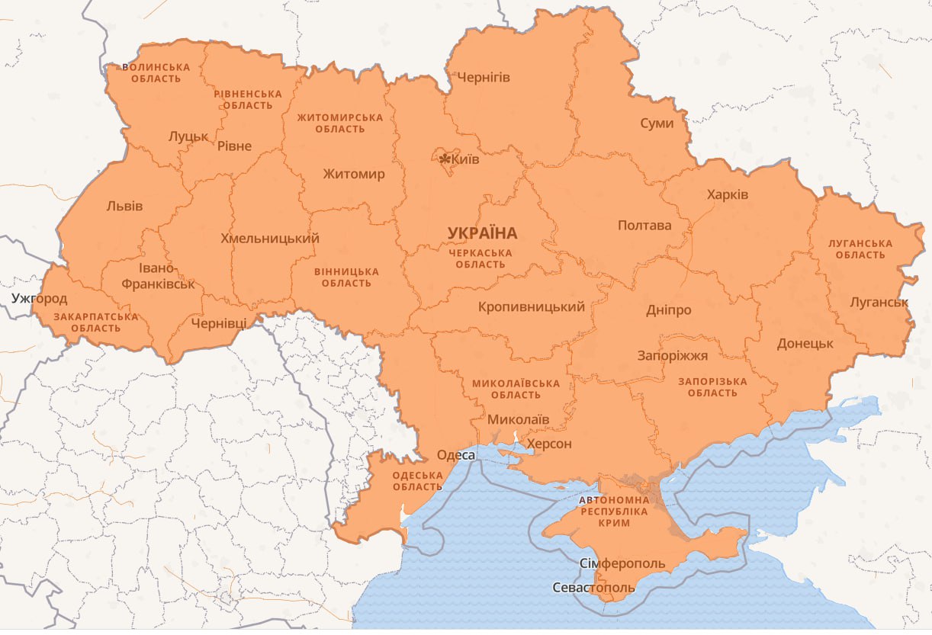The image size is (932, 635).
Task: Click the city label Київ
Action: pos(465,159)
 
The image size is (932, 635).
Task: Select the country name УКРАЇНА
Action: pos(482,233)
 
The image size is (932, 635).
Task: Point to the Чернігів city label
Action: pos(484,77)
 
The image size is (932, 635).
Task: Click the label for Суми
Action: pos(657,123)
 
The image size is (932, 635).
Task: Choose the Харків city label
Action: pos(728,194)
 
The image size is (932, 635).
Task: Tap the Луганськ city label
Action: pos(879,302)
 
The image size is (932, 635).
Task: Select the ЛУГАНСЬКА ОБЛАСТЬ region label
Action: pos(860,249)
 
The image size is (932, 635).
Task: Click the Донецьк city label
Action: pos(805,343)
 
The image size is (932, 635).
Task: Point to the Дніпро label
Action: pos(669,310)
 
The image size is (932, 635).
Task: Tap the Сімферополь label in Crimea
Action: pos(622,564)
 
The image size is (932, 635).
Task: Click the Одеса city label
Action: pos(456,455)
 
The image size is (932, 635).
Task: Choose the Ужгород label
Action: pos(39,298)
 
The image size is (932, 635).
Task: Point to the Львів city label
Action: pos(124,206)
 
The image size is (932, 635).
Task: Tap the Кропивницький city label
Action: pos(532,307)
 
